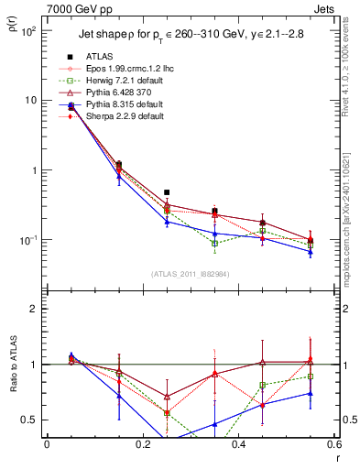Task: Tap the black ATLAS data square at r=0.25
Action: pos(167,192)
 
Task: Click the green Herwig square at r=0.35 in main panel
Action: pos(214,244)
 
